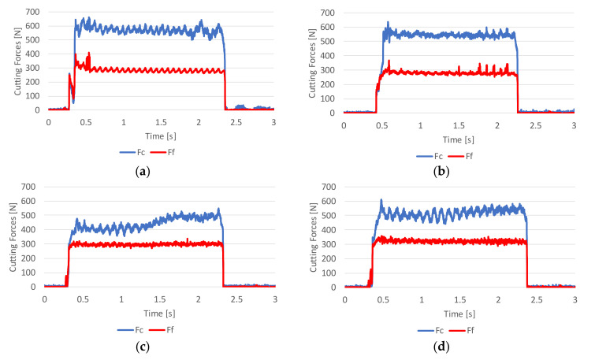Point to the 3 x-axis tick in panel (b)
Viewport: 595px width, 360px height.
pyautogui.click(x=574, y=124)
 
